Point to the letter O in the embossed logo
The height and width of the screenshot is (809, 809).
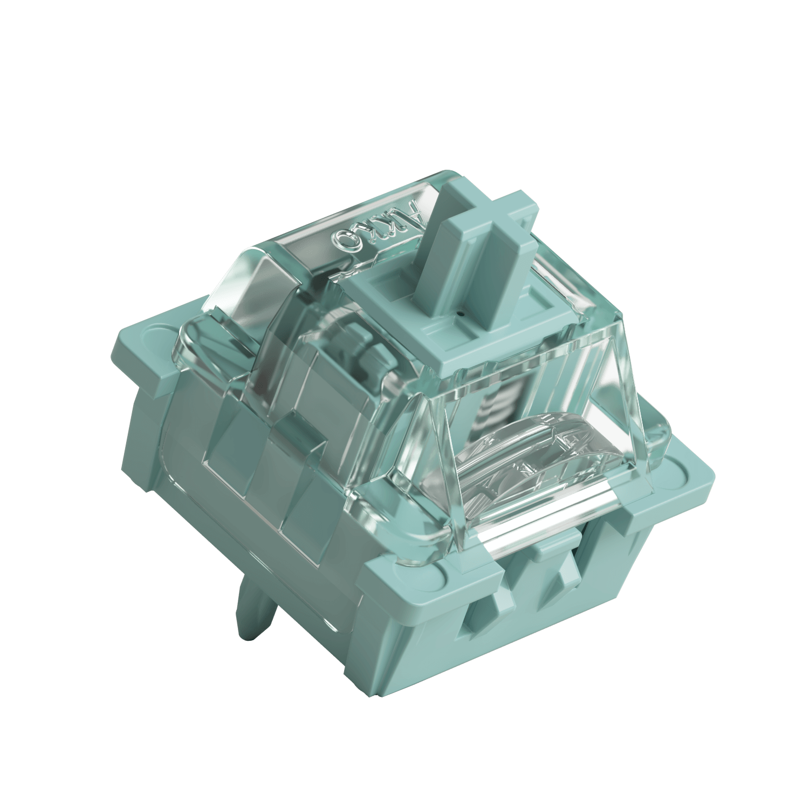point(337,241)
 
